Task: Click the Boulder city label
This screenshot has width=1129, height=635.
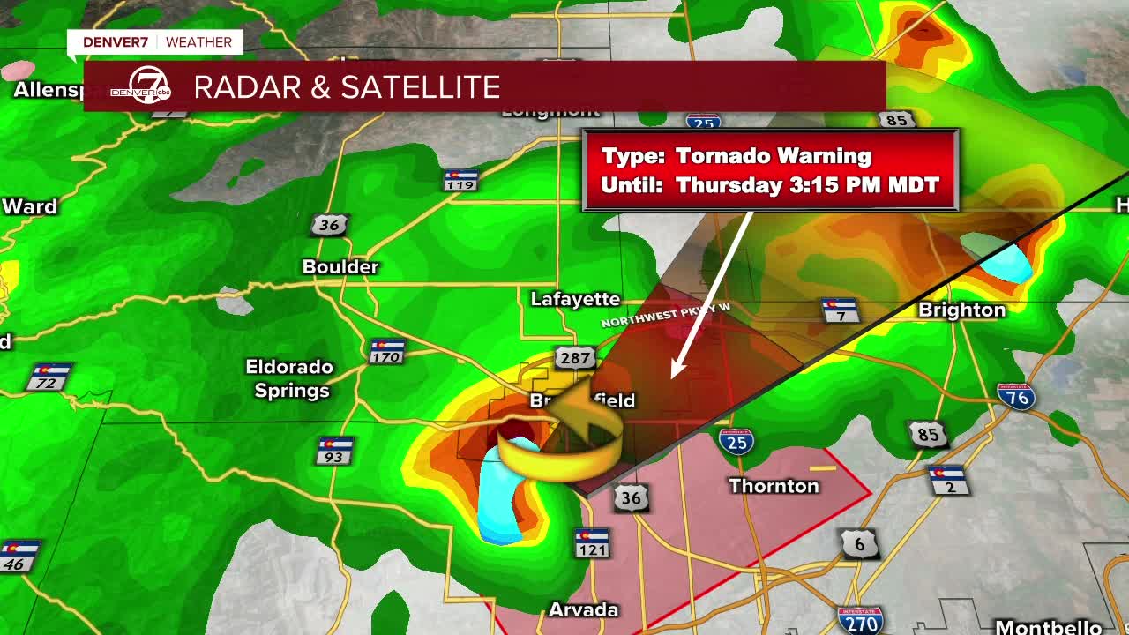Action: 340,266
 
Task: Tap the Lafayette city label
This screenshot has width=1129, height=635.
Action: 575,299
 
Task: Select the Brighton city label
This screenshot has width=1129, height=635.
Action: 961,310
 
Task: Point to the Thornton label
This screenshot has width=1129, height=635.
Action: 774,486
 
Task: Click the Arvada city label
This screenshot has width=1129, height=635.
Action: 583,609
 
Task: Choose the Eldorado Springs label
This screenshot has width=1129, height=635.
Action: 289,378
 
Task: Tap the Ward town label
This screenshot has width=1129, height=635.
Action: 29,206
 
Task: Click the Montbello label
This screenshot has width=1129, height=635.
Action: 1048,627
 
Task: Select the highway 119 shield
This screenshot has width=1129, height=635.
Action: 460,180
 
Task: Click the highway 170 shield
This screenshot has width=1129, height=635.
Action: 385,351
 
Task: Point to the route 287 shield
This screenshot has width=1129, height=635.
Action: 574,357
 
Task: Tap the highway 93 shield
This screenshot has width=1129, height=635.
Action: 335,451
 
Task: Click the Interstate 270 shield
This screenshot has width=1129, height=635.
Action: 860,620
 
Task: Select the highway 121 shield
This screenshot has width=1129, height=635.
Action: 592,543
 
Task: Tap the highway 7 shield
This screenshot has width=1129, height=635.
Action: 840,310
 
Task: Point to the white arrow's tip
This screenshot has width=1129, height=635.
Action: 674,377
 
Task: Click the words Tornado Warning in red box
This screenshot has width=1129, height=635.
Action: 773,156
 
